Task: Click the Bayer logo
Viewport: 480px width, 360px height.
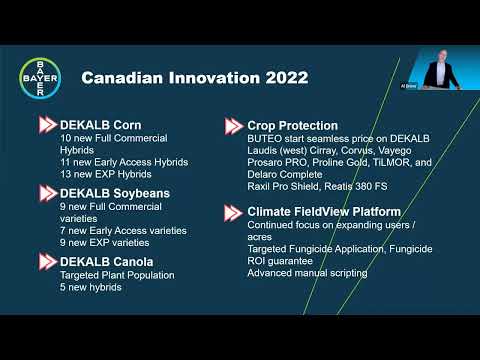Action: coord(41,78)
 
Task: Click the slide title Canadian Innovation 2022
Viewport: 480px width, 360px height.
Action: coord(194,78)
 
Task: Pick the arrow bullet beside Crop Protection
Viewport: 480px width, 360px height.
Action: coord(233,126)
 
